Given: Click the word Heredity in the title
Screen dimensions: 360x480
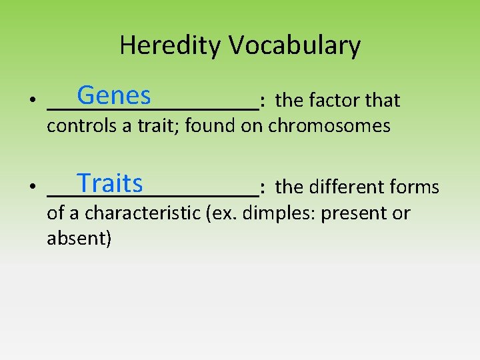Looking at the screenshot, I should coord(171,45).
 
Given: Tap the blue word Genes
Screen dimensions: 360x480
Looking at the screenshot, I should coord(113,96).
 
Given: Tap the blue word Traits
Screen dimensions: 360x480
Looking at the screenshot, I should coord(109,183).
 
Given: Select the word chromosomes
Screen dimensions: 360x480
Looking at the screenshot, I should coord(329,126).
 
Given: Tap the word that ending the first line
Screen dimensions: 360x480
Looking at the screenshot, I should coord(383,101).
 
